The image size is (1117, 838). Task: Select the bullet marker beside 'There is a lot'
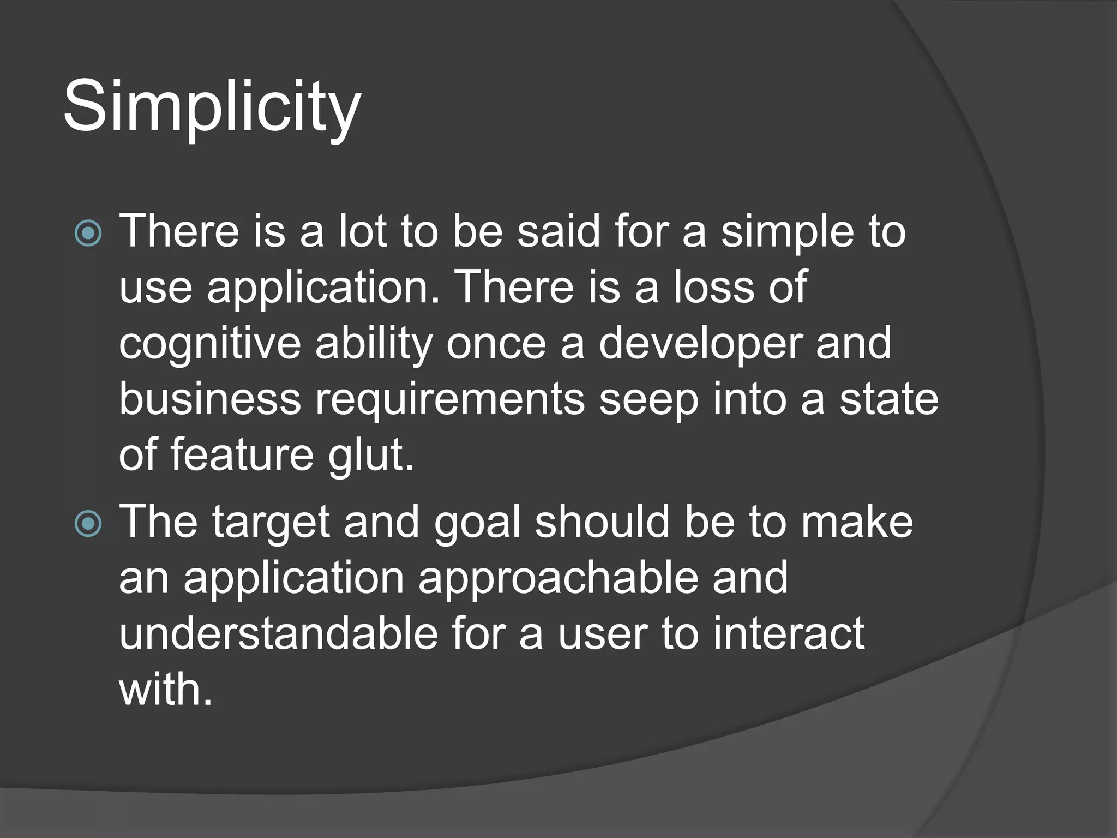[x=88, y=234]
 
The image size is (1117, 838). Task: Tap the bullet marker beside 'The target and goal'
[x=88, y=524]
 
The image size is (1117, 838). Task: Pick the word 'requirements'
[x=450, y=399]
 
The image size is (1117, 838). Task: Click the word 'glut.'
[x=371, y=455]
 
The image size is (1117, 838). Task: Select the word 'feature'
[x=242, y=455]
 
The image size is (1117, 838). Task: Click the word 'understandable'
[x=278, y=633]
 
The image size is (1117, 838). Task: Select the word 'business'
[x=209, y=399]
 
